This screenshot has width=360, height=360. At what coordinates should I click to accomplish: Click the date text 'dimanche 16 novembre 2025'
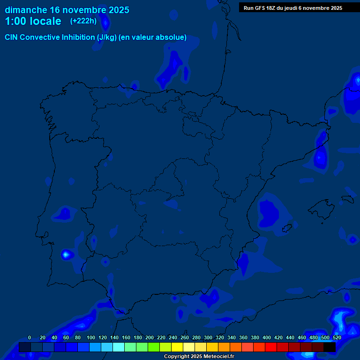67,10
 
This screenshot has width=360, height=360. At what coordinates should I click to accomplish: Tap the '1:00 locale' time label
33,21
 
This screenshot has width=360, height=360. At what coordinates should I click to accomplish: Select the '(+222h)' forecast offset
83,21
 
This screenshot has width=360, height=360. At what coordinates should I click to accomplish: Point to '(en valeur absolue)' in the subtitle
153,37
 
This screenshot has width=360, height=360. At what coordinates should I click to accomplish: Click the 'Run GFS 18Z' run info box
292,8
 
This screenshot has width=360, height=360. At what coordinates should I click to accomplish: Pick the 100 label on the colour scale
91,337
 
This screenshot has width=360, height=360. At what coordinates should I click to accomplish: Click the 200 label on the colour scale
150,337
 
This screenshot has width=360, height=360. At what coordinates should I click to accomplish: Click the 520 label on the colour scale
337,337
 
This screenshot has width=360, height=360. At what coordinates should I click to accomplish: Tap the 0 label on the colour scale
30,337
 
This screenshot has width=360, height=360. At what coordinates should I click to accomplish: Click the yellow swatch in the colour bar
177,347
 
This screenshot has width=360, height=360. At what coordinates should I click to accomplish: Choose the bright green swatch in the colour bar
153,347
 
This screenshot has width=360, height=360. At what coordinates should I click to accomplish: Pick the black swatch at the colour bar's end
329,347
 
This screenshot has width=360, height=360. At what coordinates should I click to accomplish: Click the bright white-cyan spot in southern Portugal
66,255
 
